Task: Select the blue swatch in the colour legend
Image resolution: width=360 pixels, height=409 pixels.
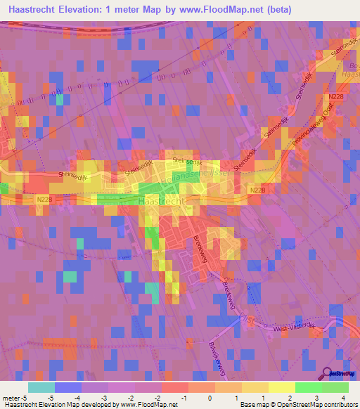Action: (x=68, y=387)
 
